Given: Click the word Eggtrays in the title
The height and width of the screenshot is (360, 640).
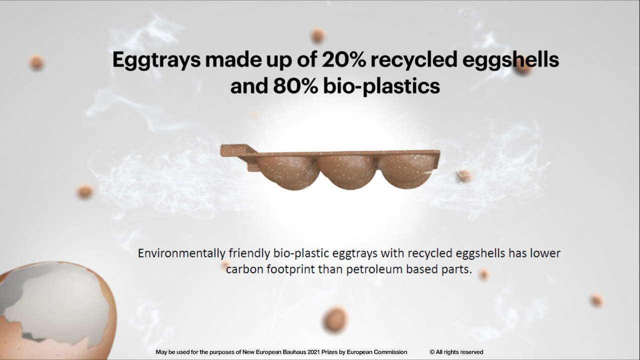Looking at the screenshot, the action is (x=156, y=60).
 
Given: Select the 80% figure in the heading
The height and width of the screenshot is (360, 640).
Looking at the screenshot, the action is (x=295, y=86).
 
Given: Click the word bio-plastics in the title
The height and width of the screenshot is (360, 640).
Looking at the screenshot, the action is (x=381, y=87).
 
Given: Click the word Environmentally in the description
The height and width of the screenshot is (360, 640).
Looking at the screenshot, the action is (x=181, y=253).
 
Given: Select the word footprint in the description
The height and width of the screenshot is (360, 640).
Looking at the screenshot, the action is (x=290, y=269).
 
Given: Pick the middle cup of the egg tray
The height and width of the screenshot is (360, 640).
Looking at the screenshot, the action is (x=346, y=172).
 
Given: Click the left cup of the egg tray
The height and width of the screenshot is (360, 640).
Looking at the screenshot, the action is (x=287, y=173).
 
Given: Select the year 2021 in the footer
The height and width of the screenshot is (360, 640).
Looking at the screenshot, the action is (x=313, y=352).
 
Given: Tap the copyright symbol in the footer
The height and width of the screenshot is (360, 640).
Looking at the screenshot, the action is (x=432, y=352).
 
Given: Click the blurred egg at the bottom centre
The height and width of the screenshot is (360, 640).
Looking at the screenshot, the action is (x=335, y=319).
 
